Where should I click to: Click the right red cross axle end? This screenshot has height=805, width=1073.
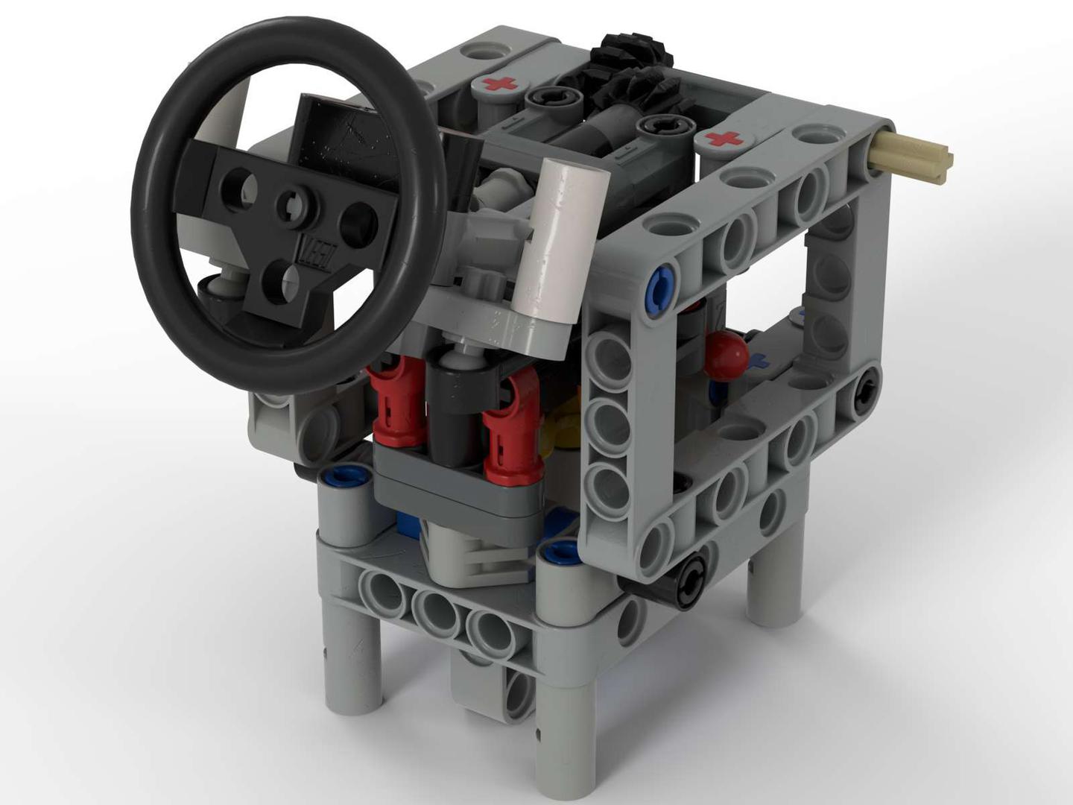724,139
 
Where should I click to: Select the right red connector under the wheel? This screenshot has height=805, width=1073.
513,428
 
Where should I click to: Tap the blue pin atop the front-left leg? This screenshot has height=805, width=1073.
344,476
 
